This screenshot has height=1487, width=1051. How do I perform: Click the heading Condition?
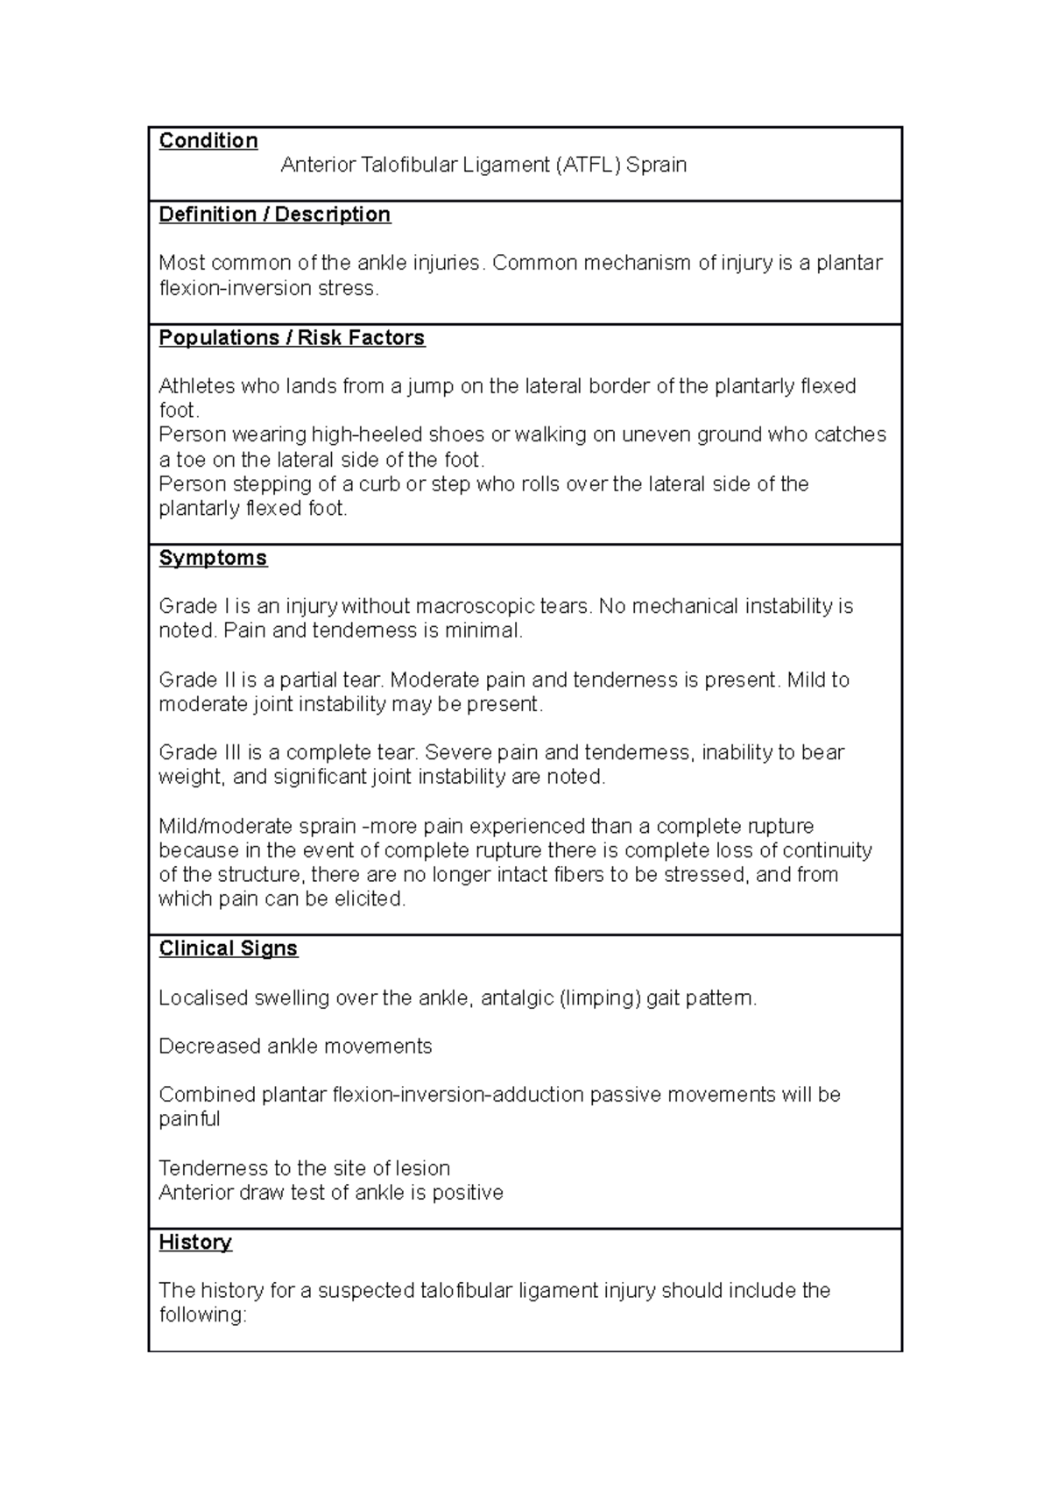pos(208,141)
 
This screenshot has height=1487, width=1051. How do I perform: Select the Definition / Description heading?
pos(274,215)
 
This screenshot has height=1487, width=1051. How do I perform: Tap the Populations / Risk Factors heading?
pos(292,338)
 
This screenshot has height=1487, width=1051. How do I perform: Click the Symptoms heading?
pos(213,558)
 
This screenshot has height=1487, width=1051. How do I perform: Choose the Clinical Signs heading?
pos(228,948)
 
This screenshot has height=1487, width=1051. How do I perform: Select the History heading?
pos(194,1242)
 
